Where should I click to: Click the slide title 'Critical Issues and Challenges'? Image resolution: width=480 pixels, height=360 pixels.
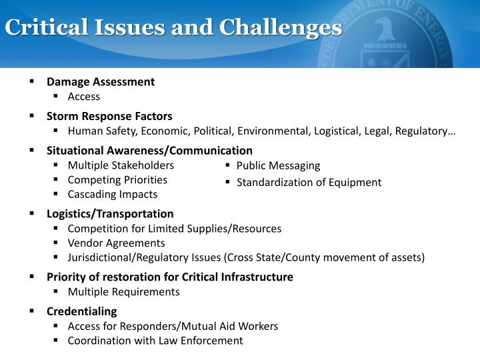173,28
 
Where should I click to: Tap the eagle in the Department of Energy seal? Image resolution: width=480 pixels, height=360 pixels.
385,31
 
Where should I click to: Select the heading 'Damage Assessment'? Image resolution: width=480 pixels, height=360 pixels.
100,82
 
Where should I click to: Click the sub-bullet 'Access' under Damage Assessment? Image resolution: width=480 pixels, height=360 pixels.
84,97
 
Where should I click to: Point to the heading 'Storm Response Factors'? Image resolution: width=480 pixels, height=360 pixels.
109,116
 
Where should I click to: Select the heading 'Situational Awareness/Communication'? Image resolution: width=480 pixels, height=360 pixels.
149,151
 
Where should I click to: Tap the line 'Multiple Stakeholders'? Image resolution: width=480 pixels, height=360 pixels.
121,165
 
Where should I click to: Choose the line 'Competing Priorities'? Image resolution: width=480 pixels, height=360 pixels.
117,180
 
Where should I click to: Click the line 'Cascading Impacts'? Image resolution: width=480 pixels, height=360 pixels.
113,195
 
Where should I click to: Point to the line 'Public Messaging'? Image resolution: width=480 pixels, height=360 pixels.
278,165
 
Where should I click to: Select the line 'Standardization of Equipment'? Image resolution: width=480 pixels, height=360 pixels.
309,182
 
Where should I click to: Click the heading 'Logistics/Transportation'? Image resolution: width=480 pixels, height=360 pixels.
110,214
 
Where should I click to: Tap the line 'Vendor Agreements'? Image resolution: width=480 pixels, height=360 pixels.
116,243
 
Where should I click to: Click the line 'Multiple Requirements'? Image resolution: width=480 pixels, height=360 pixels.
123,292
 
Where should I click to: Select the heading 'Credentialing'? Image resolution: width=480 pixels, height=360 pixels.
81,311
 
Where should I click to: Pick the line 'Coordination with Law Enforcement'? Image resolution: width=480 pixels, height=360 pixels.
155,341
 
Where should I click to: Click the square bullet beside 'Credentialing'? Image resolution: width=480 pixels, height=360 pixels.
31,311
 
